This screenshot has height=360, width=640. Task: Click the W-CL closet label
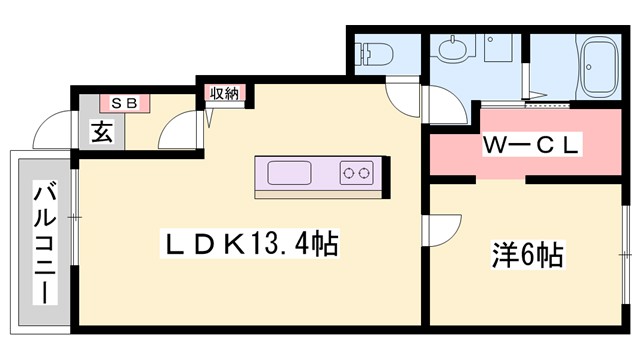530,145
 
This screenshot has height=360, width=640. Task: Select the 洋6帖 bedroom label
528,255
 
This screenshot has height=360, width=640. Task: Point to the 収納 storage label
224,94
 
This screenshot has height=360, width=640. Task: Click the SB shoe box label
124,102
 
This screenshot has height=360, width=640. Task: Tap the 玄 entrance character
101,130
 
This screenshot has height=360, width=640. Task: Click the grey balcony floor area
25,300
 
